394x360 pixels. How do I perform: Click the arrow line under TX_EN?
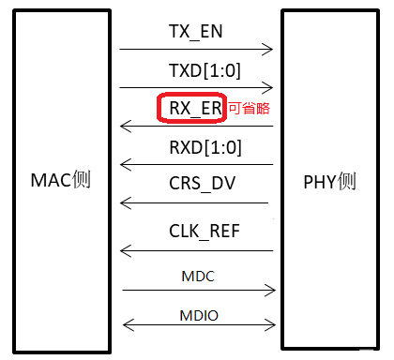point(196,48)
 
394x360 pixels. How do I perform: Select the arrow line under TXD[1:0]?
point(196,87)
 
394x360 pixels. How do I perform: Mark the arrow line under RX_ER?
point(196,126)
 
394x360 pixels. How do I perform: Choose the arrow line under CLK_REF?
point(196,250)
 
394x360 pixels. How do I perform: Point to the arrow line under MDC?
point(196,290)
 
